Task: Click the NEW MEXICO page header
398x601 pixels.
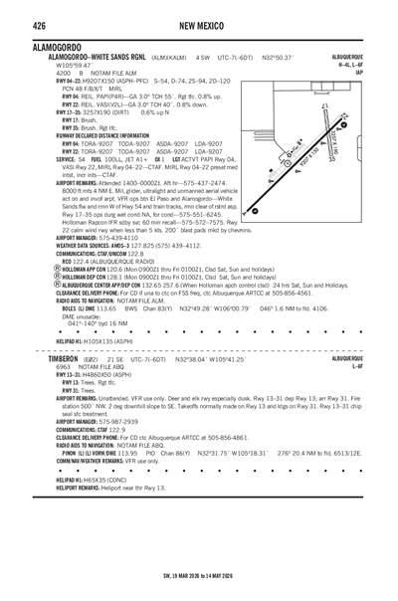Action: point(199,23)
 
